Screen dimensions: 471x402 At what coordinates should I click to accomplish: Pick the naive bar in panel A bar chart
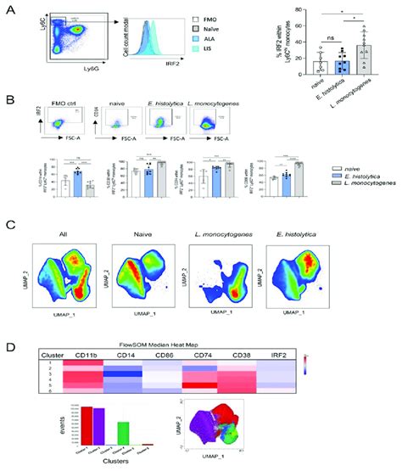[318, 85]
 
